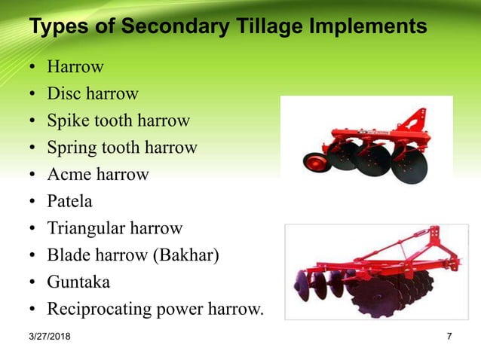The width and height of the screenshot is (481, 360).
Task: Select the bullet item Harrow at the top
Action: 75,67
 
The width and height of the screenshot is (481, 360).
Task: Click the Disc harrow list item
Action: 93,94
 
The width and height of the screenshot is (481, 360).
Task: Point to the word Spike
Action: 68,121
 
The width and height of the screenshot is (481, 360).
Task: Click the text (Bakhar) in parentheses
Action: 186,255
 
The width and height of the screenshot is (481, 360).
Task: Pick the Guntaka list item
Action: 78,282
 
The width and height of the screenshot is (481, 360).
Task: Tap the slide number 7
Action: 449,337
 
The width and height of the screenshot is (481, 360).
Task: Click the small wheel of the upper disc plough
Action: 313,161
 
